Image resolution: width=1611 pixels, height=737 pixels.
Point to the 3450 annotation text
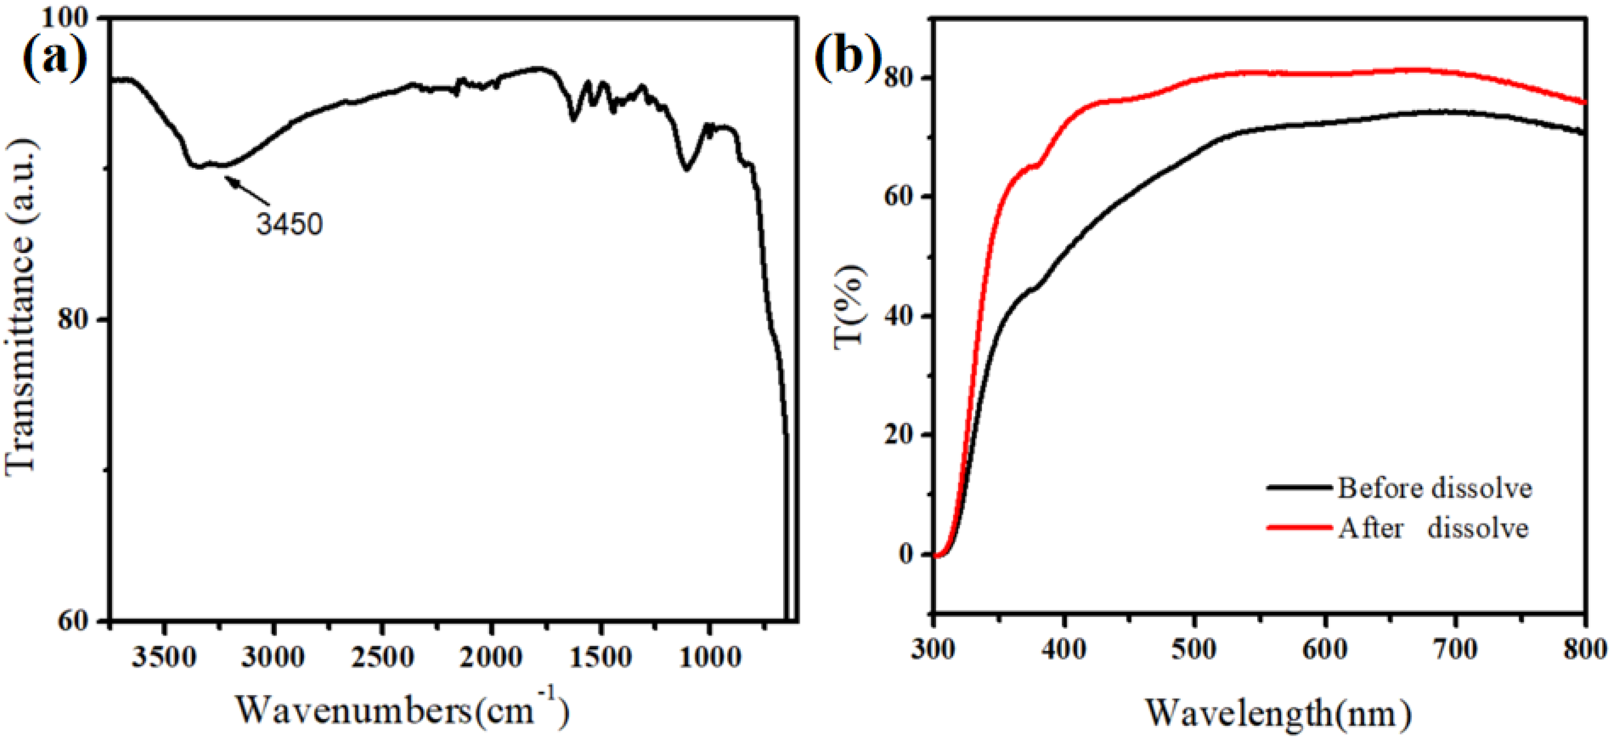[x=289, y=225]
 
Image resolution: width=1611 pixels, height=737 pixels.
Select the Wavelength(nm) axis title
[x=1279, y=713]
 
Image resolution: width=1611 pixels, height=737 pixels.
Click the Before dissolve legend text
[x=1435, y=488]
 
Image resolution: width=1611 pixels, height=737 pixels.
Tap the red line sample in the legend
[x=1300, y=527]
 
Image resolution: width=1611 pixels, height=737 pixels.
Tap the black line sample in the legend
[x=1300, y=487]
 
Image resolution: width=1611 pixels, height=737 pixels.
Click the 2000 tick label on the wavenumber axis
[x=492, y=657]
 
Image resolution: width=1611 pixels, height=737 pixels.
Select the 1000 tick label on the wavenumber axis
[x=710, y=657]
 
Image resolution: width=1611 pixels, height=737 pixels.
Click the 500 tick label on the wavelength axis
[x=1194, y=649]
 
